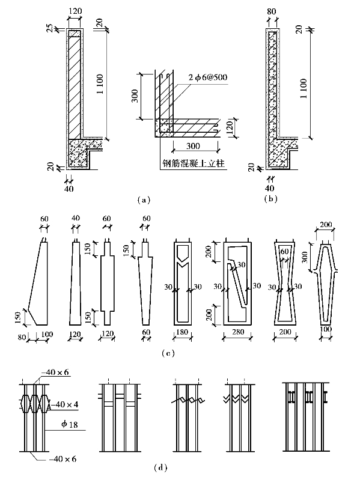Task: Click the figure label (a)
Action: tap(144, 200)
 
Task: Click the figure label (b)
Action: tap(270, 199)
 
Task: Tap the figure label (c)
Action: tap(168, 353)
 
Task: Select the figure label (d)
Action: tap(160, 468)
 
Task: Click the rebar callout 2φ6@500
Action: tap(208, 77)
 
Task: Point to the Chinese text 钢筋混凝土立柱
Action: tap(194, 163)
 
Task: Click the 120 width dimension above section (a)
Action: tap(75, 11)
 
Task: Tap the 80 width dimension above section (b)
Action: tap(272, 11)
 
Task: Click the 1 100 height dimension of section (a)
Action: tap(100, 84)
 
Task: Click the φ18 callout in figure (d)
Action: tap(69, 424)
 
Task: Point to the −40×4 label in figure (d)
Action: tap(64, 404)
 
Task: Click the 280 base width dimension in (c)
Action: tap(237, 332)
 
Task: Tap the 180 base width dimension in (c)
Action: tap(182, 332)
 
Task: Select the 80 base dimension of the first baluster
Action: tap(22, 338)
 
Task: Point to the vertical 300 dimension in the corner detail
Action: tap(136, 96)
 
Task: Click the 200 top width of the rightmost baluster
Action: tap(325, 225)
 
